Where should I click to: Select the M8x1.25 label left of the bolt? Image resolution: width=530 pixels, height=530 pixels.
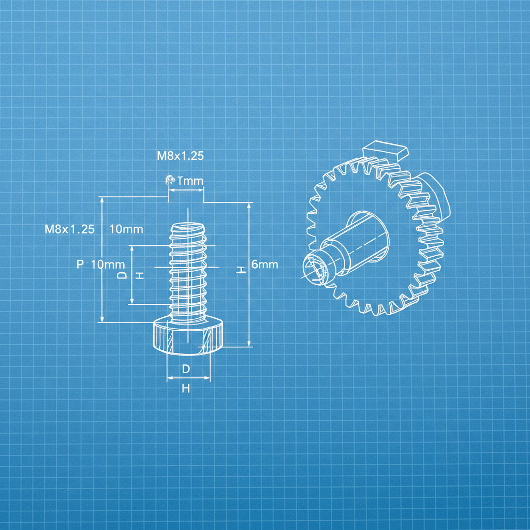click(70, 229)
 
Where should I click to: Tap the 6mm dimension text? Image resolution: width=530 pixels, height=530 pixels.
click(264, 264)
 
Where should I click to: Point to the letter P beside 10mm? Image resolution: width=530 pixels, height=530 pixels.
click(80, 264)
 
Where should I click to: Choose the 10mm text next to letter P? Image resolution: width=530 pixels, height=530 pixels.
click(108, 264)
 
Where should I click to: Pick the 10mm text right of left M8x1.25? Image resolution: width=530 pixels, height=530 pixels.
click(126, 229)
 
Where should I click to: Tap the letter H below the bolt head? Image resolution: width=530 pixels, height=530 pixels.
click(186, 388)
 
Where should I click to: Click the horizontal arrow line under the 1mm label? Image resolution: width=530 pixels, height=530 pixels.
click(186, 190)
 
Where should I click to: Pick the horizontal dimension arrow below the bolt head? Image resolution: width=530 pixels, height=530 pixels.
click(188, 378)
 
